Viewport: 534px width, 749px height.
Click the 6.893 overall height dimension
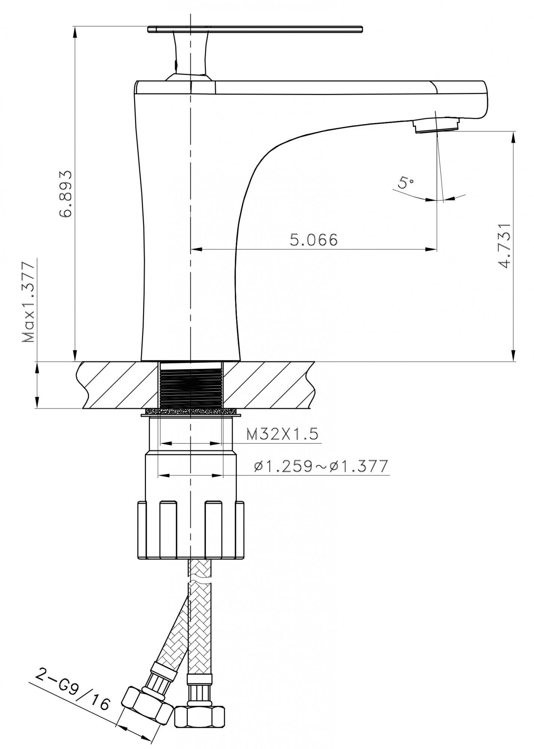[x=66, y=194]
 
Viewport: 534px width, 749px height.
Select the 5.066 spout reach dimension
[x=314, y=240]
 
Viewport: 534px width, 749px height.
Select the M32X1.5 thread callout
[x=282, y=434]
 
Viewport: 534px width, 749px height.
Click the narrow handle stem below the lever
[x=191, y=54]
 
